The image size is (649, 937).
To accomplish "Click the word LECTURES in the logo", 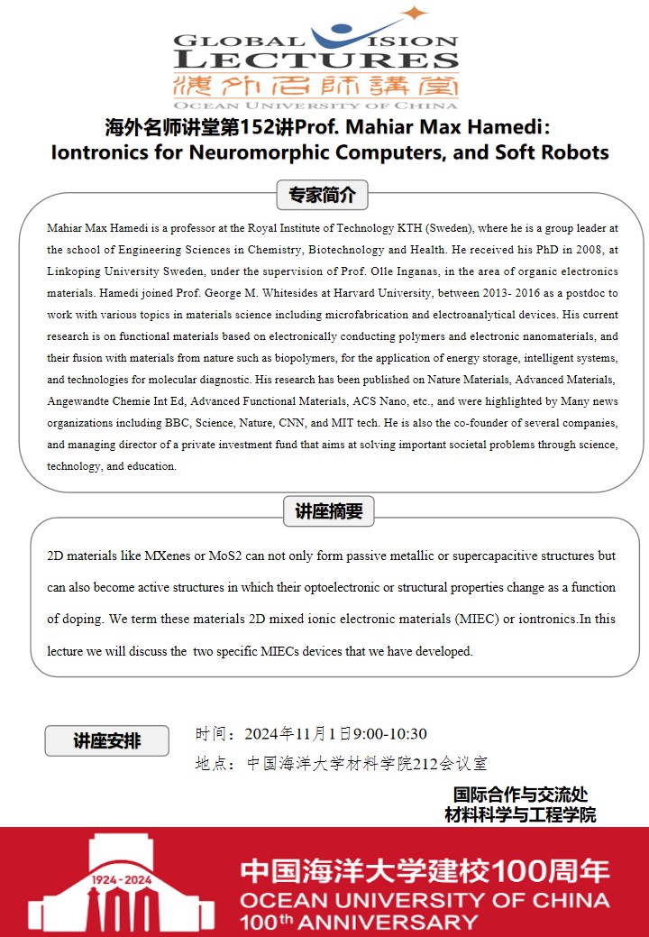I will pyautogui.click(x=315, y=60).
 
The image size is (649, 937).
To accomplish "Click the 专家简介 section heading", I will pyautogui.click(x=323, y=194).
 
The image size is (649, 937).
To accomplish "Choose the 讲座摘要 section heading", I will pyautogui.click(x=328, y=511).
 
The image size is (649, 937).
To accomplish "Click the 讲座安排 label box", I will pyautogui.click(x=106, y=741).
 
